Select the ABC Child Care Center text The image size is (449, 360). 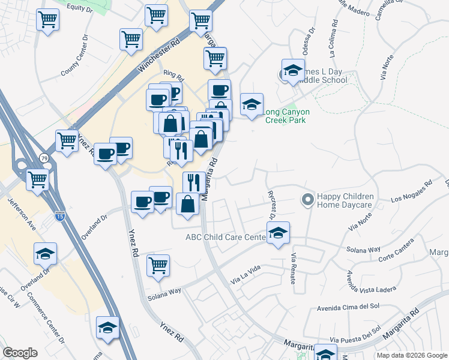pos(225,238)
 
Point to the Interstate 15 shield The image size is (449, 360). pos(59,214)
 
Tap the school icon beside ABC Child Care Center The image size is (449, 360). pos(278,233)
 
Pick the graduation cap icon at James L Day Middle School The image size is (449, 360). pos(293,70)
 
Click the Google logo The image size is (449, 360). pos(20,353)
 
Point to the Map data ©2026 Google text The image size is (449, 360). pos(412,355)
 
